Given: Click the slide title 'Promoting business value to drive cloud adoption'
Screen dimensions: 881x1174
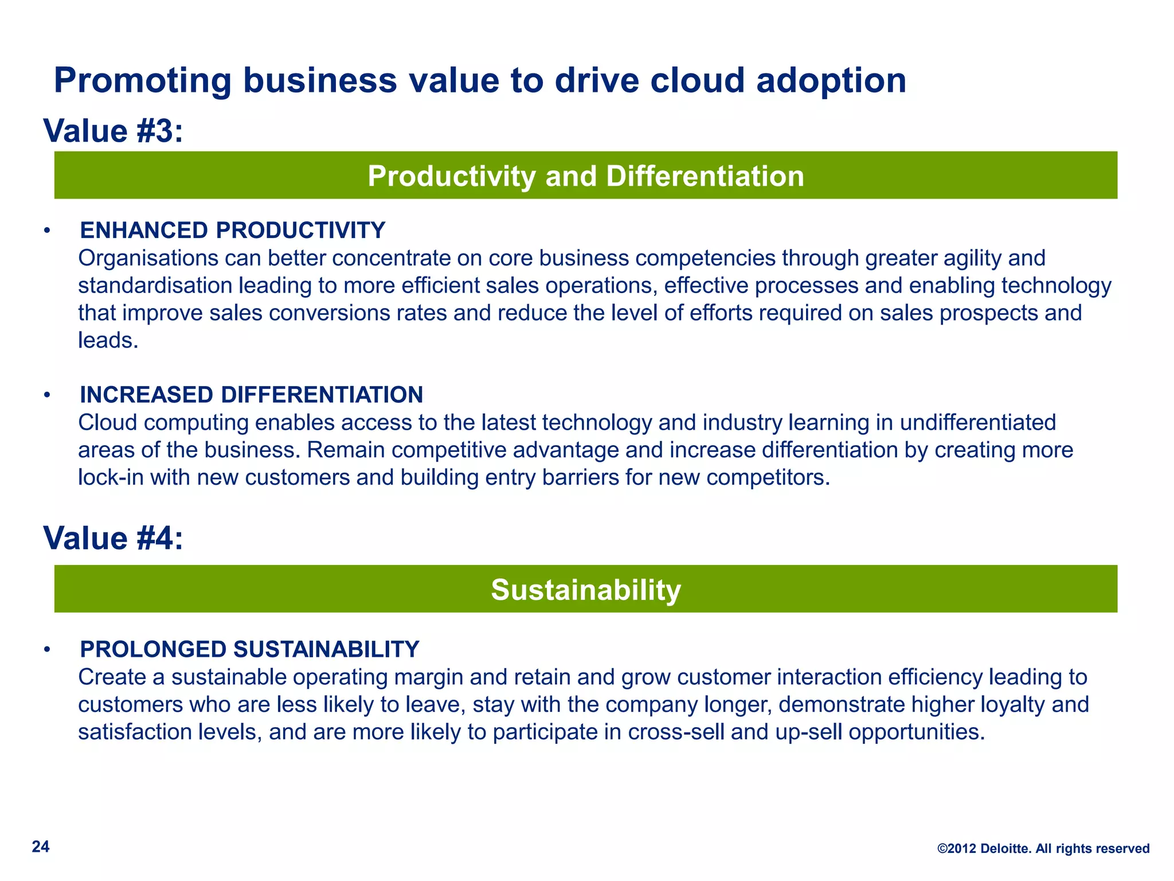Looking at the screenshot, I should pos(480,80).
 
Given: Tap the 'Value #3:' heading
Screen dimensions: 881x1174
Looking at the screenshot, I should pos(113,131).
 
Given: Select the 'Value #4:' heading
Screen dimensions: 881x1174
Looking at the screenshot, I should pos(113,538).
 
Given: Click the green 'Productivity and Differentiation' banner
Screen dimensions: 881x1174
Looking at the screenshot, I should pos(585,176).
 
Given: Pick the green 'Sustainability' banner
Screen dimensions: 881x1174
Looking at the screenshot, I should pos(585,589).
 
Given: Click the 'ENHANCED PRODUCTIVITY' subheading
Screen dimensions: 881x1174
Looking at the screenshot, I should pos(232,230).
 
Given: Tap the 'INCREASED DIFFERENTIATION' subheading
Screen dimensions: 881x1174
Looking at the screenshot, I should pos(251,395).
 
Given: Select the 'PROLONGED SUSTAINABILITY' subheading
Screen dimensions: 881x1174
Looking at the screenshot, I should pos(249,649).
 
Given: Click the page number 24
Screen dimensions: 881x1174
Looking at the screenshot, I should pos(41,847).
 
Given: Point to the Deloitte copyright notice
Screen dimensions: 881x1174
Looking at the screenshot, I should pos(1043,848).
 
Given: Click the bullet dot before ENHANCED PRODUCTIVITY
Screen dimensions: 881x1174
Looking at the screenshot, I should pos(48,231).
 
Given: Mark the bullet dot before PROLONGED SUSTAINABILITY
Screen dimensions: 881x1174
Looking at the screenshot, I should pos(48,650).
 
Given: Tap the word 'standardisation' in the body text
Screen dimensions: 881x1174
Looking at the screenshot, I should pos(155,286).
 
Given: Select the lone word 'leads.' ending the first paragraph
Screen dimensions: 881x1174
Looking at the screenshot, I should pos(108,341).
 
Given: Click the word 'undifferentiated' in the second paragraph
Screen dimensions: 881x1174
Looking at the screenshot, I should pos(977,423).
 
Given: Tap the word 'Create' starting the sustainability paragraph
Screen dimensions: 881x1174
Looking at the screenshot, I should pos(112,677).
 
